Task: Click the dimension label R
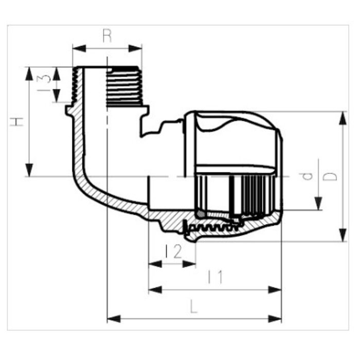click(107, 35)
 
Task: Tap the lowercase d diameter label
click(307, 176)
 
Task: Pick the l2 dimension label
click(173, 251)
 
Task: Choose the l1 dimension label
click(215, 278)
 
